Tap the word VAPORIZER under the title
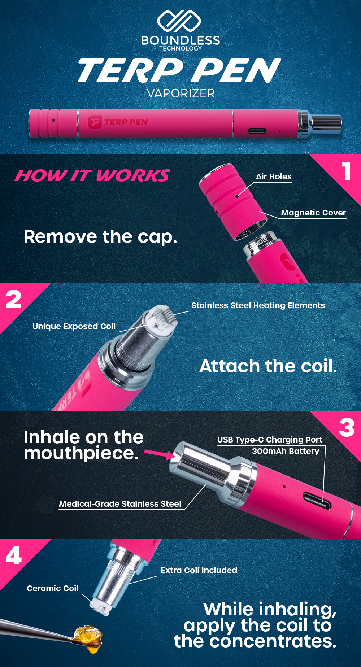[x=181, y=93]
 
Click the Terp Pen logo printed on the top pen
[x=118, y=122]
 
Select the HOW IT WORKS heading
[x=92, y=176]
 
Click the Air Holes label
[x=274, y=176]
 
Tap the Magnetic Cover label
[x=313, y=213]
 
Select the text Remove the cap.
[x=100, y=237]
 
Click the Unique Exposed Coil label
[x=74, y=326]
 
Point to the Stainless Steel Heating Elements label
[x=258, y=305]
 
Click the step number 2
[x=14, y=300]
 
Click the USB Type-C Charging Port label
[x=270, y=440]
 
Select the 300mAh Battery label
[x=286, y=451]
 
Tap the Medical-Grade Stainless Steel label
[x=120, y=504]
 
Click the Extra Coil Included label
[x=199, y=570]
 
